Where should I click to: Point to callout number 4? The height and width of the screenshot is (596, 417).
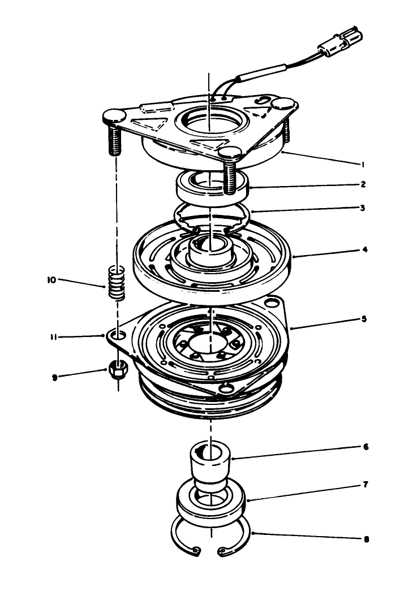365,249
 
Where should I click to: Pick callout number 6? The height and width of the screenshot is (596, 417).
366,447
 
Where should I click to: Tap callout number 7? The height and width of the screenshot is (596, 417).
366,485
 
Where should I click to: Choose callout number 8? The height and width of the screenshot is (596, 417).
366,539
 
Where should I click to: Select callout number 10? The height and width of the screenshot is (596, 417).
53,279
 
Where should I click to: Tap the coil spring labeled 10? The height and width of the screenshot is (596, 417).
116,281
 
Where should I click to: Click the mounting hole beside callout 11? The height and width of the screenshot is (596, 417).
117,336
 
